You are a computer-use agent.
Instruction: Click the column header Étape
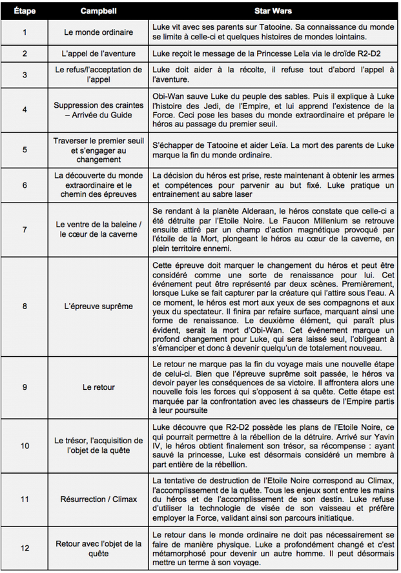pyautogui.click(x=25, y=12)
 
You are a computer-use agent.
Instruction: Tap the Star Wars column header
pyautogui.click(x=274, y=12)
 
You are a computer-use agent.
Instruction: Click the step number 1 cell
pyautogui.click(x=25, y=32)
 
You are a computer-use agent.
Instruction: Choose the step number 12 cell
pyautogui.click(x=25, y=548)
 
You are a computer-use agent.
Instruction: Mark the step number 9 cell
pyautogui.click(x=25, y=387)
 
